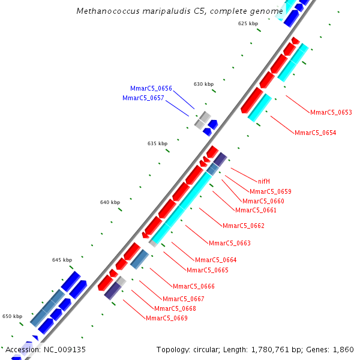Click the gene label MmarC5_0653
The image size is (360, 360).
point(331,112)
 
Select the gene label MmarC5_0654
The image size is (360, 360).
point(315,133)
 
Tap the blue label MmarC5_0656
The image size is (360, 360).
point(151,88)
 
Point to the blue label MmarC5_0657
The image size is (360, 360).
point(143,98)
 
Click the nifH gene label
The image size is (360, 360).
point(264,181)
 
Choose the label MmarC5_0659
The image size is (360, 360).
point(270,191)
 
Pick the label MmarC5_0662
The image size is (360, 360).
point(244,226)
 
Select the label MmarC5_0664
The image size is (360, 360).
point(216,260)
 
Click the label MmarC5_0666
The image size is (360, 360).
point(194,286)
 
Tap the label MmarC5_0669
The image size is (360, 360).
point(167,318)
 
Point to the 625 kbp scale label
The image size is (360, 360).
point(248,23)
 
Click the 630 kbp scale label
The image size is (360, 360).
point(203,84)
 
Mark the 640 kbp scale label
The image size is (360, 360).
point(110,202)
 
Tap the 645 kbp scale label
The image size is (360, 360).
point(62,260)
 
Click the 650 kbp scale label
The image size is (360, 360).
point(12,316)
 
